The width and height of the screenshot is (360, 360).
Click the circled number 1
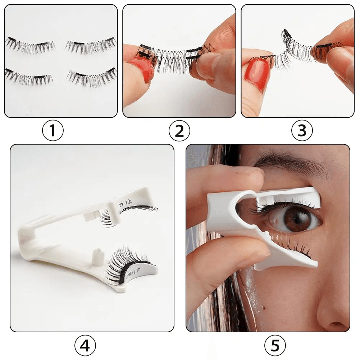53,131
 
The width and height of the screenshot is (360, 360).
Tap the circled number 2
179,131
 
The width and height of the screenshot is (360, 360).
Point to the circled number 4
85,346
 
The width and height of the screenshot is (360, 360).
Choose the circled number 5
275,346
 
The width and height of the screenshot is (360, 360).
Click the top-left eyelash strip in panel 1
30,45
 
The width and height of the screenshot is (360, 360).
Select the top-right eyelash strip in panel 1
91,45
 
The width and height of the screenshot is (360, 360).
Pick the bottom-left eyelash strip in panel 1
28,77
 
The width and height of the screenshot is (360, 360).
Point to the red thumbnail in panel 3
258,73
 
